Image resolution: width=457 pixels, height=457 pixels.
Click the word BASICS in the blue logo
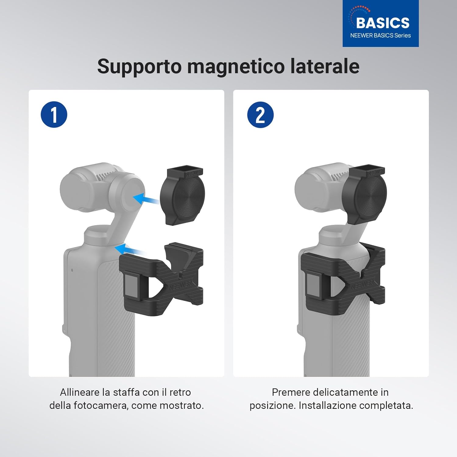[383, 23]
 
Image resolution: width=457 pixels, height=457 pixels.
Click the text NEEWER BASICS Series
[381, 36]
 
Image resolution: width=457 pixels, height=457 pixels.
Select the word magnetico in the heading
[236, 66]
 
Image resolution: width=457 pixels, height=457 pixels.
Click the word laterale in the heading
[325, 66]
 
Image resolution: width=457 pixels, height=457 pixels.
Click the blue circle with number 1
[54, 115]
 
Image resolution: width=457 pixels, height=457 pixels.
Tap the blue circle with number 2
[260, 115]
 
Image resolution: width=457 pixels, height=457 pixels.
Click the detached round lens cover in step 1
[183, 197]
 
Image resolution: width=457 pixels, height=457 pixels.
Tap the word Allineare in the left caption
[80, 392]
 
